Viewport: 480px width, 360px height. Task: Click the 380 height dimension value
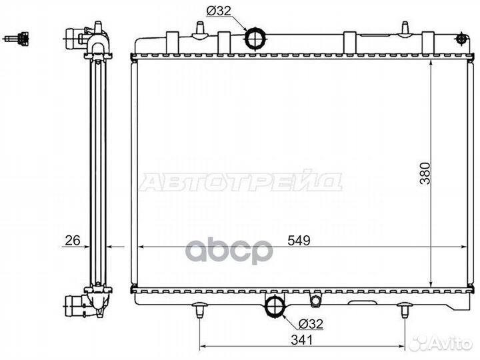(425, 173)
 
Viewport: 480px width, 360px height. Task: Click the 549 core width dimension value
(299, 241)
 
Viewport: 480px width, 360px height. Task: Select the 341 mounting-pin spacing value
(302, 340)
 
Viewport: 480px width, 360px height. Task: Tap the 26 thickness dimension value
(73, 241)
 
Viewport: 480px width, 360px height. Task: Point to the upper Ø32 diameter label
(219, 11)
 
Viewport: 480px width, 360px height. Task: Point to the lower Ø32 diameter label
(311, 323)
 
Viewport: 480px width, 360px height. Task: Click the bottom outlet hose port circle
(275, 306)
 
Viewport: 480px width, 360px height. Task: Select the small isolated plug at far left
(16, 39)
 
